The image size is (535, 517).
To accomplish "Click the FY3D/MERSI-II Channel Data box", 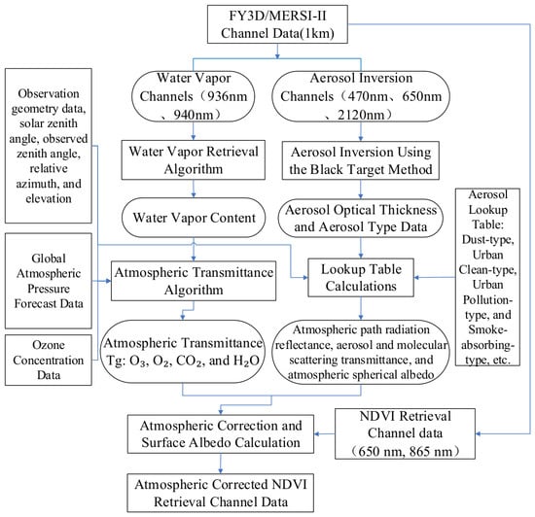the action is tap(277, 24).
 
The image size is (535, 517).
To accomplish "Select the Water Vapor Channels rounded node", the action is tap(194, 96).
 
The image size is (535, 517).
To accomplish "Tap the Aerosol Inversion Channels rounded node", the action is tap(361, 96).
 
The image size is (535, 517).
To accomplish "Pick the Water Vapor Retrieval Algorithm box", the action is tap(194, 159).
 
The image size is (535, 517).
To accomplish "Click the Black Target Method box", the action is tap(361, 160).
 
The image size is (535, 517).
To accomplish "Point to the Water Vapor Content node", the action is tap(194, 218).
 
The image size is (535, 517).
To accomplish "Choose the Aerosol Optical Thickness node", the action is tap(361, 218).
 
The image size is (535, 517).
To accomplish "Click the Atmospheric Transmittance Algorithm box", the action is tap(194, 281).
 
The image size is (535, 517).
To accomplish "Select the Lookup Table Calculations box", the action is tap(361, 277).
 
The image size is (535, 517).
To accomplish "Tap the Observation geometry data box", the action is tap(49, 146).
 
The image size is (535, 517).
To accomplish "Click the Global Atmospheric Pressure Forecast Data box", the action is tap(49, 281).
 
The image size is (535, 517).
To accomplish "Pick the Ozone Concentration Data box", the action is tap(49, 360).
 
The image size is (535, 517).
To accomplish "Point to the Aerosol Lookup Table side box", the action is tap(487, 277).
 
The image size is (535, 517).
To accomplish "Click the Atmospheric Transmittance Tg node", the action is tap(183, 352).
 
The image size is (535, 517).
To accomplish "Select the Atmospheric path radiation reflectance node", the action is tap(361, 352).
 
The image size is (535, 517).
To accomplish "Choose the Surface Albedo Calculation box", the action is tap(221, 433).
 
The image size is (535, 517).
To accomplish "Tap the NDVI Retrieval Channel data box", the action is tap(405, 433).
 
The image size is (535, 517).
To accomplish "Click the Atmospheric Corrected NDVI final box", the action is tap(221, 493).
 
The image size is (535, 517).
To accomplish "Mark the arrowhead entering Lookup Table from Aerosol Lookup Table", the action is tap(416, 277).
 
